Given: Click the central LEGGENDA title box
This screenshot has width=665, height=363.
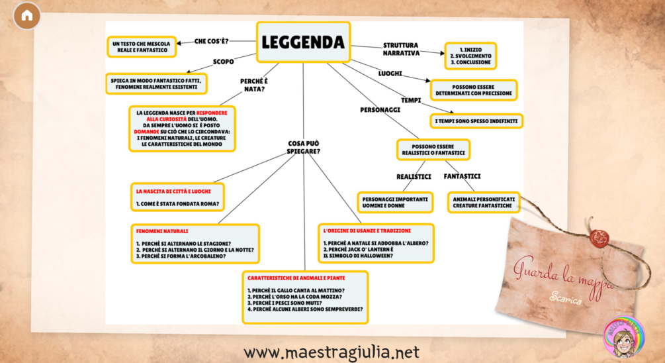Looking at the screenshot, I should (x=303, y=42).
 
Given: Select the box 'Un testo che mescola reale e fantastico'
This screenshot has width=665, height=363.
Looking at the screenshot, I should (x=141, y=46).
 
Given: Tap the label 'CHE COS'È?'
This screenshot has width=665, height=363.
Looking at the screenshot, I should (x=211, y=41).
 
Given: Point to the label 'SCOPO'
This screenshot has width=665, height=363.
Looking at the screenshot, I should (x=223, y=62).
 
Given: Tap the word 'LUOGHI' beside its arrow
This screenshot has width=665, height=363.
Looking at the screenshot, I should (x=390, y=72).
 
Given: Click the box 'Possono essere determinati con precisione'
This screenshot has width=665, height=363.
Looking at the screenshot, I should (x=474, y=90).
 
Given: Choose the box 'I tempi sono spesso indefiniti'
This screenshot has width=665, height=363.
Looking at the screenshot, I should (x=476, y=121).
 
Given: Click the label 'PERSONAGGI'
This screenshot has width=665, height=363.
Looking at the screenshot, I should (x=380, y=109).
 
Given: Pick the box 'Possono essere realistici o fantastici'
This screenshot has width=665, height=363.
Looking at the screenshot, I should (x=433, y=150).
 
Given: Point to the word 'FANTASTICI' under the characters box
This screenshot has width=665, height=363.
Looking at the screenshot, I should (x=462, y=176).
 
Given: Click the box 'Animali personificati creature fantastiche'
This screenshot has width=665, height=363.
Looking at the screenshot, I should (x=483, y=202).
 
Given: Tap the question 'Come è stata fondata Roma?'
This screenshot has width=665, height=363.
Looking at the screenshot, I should (x=177, y=203).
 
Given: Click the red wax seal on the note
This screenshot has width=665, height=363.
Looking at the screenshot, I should (x=599, y=238).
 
